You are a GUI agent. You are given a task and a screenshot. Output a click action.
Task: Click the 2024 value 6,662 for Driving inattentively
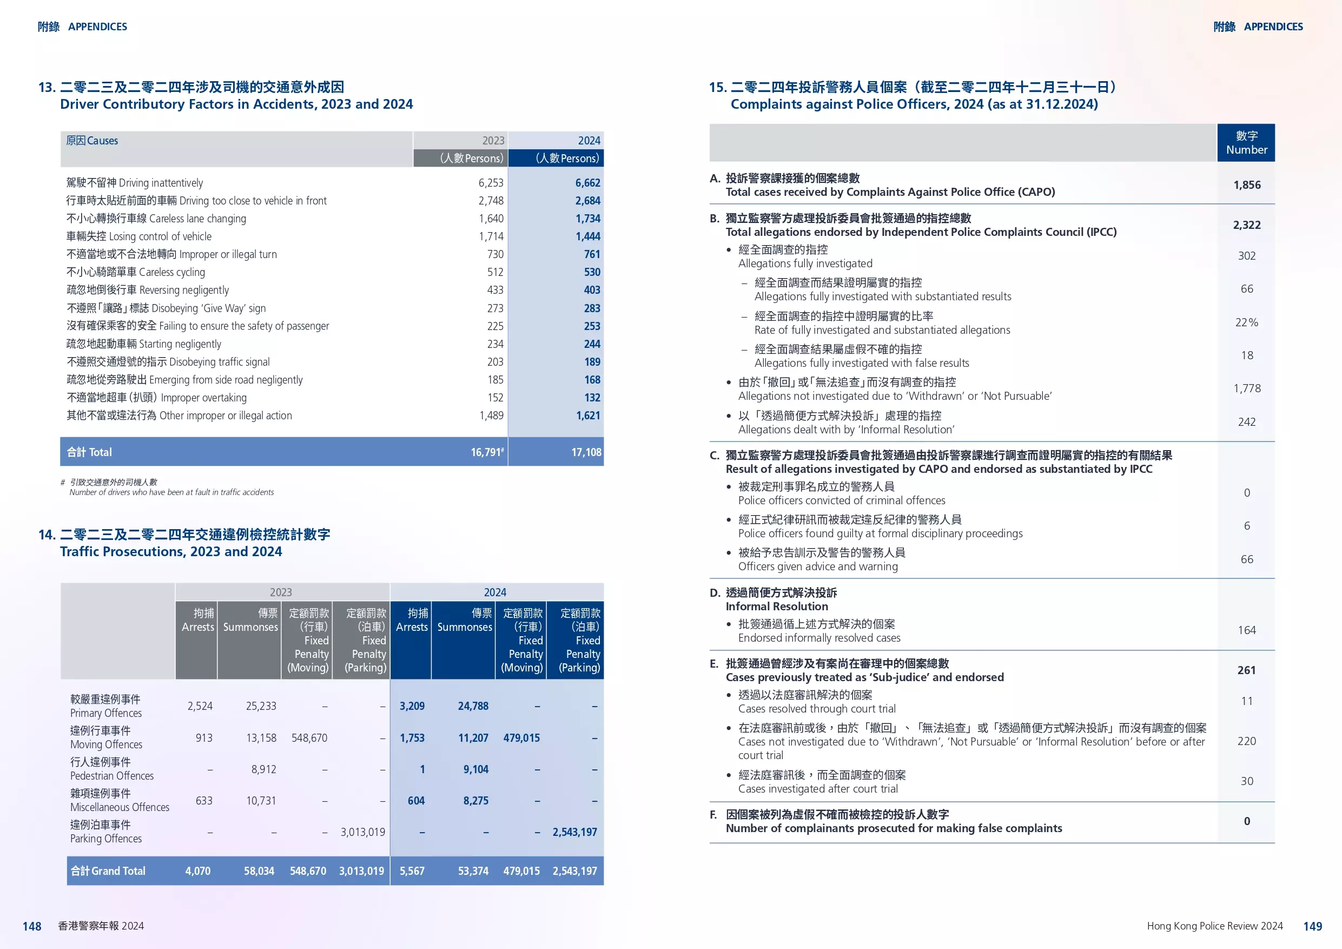tap(587, 183)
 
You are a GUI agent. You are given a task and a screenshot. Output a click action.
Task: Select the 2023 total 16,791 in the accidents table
tap(486, 452)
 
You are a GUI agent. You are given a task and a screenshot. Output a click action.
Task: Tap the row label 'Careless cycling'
tap(172, 273)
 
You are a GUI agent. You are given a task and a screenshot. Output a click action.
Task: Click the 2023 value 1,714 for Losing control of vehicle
tap(491, 237)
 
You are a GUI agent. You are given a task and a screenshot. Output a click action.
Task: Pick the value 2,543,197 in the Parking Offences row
tap(574, 832)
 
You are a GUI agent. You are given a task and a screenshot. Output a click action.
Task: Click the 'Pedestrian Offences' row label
tap(111, 776)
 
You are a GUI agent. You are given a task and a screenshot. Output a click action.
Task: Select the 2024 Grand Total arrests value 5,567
tap(412, 871)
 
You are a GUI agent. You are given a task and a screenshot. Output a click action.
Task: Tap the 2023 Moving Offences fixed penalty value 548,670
tap(309, 739)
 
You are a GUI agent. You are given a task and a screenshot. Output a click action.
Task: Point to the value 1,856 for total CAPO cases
tap(1247, 186)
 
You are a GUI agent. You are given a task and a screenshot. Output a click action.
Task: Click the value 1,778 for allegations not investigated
tap(1247, 389)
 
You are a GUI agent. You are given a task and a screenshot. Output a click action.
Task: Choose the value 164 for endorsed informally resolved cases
tap(1247, 630)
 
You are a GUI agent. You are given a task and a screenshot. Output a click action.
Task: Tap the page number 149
tap(1312, 927)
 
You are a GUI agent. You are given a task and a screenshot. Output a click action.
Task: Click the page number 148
tap(31, 927)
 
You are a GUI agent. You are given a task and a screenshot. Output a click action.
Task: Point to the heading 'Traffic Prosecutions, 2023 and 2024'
tap(171, 552)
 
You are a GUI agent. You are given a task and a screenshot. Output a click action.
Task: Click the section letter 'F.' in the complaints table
tap(713, 814)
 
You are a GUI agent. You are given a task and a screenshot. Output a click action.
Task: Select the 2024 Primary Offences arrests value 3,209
tap(412, 707)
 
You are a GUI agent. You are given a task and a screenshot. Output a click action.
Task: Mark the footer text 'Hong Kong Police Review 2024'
tap(1214, 926)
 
